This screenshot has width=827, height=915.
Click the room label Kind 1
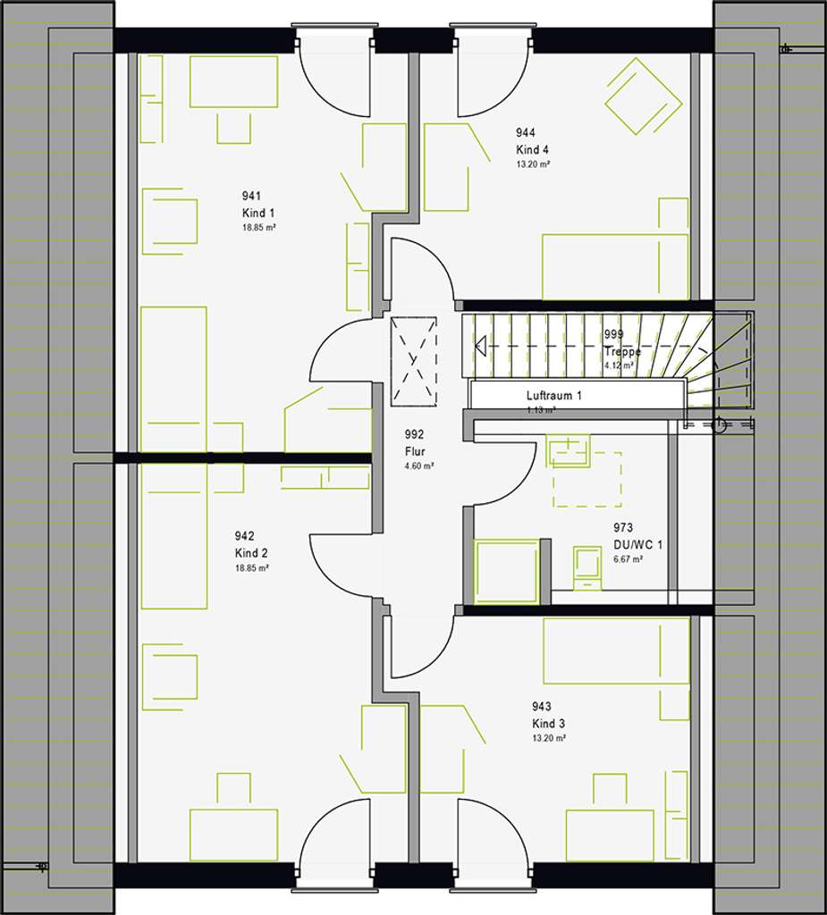click(x=258, y=212)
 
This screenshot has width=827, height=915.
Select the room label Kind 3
click(x=549, y=723)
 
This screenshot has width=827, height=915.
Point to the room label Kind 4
click(x=532, y=149)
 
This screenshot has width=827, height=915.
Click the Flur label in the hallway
click(x=414, y=451)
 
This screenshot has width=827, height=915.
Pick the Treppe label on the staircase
click(x=618, y=351)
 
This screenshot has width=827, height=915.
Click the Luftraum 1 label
click(x=554, y=395)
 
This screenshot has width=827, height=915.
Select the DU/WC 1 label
click(x=637, y=543)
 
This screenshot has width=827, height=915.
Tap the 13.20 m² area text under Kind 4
click(x=533, y=164)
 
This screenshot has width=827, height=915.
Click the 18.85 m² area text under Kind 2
click(x=252, y=567)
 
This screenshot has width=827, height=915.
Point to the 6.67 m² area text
click(x=628, y=558)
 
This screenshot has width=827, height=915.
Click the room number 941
click(x=251, y=196)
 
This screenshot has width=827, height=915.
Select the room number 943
click(x=542, y=707)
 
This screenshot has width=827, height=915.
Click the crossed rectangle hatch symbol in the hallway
click(x=414, y=361)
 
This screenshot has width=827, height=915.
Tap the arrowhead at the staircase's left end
click(x=481, y=346)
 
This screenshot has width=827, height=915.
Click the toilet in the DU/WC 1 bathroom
click(x=587, y=567)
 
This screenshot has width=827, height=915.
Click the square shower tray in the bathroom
click(x=507, y=572)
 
